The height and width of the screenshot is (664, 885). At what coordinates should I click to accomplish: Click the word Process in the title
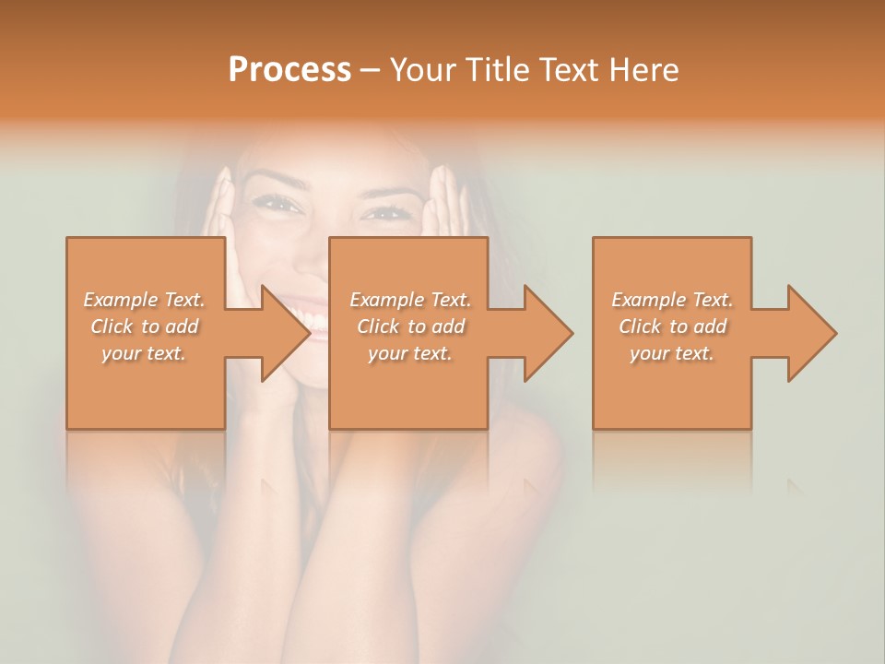[x=289, y=70]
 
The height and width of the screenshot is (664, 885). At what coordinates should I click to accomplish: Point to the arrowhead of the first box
[x=286, y=333]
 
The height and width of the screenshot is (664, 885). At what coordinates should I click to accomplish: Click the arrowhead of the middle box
[x=549, y=333]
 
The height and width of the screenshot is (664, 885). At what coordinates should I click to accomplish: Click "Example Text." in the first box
[x=144, y=300]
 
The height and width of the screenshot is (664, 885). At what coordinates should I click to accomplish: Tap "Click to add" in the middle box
[x=410, y=326]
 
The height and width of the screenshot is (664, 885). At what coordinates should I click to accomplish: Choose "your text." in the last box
[x=672, y=353]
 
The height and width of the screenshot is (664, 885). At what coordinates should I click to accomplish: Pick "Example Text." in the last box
[x=672, y=300]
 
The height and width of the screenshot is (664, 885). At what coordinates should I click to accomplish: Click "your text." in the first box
[x=144, y=353]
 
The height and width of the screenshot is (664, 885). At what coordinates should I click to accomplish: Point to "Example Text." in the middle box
[x=410, y=300]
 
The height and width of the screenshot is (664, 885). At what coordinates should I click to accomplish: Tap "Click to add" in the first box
[x=144, y=326]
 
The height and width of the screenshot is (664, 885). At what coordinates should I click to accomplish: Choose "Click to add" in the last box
[x=672, y=326]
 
